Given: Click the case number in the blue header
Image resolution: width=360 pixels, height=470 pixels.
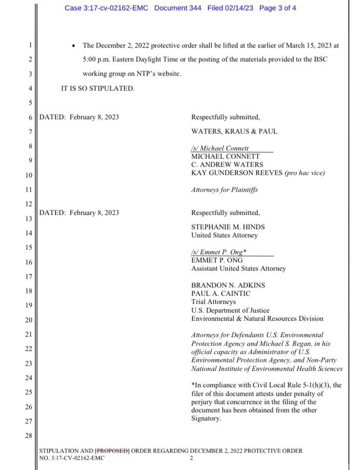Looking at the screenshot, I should tap(107, 8).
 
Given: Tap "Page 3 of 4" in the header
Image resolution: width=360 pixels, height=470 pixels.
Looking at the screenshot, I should tap(278, 8).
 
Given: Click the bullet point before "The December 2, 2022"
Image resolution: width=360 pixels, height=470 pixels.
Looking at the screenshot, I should tap(75, 45).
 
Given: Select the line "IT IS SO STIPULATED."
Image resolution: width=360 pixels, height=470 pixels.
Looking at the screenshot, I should tap(98, 88).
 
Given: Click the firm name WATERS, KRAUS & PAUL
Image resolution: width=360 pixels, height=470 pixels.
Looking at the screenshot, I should tap(234, 131).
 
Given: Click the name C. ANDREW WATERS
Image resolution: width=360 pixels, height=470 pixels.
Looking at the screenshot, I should tap(227, 165).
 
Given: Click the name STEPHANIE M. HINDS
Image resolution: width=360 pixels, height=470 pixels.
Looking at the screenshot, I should tap(228, 227).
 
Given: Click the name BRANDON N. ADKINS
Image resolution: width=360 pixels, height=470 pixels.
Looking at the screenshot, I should tap(228, 285).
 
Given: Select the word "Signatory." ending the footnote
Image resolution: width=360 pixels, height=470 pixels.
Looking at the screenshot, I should tap(206, 418).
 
